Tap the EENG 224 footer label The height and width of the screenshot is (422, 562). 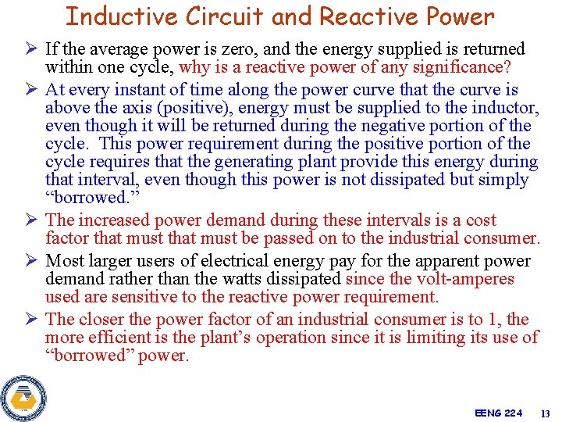[498, 413]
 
